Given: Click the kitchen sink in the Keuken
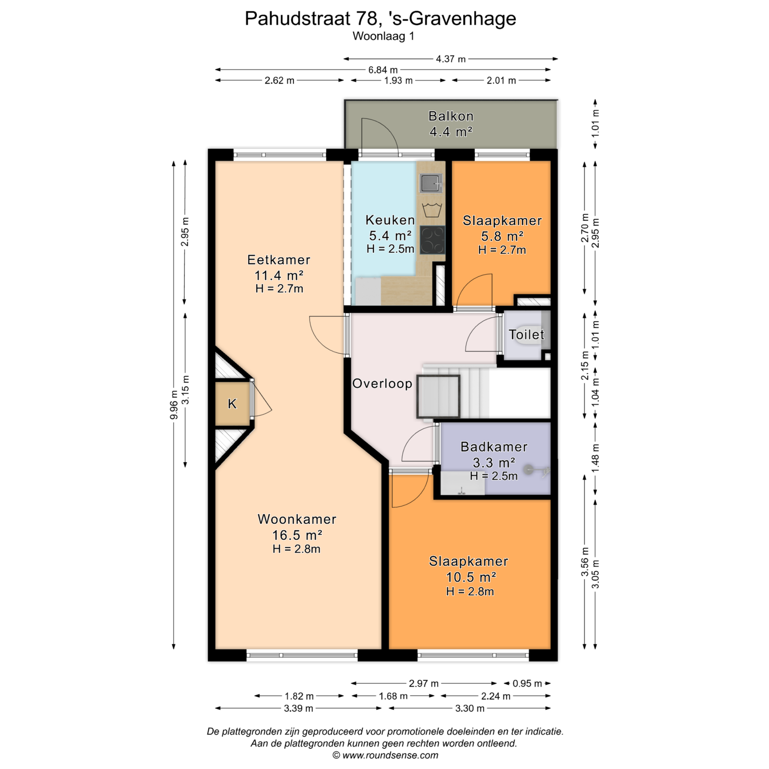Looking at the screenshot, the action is pyautogui.click(x=431, y=183).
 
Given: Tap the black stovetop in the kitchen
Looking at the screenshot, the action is pyautogui.click(x=432, y=240).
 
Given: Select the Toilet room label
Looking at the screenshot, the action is pyautogui.click(x=526, y=334).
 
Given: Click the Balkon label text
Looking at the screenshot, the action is pyautogui.click(x=451, y=116).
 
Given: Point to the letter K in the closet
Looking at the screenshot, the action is pyautogui.click(x=232, y=404).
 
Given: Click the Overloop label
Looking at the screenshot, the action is pyautogui.click(x=382, y=383).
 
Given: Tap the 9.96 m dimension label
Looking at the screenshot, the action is pyautogui.click(x=173, y=405).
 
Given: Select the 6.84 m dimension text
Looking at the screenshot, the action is pyautogui.click(x=383, y=70).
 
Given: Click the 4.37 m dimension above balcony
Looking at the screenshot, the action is pyautogui.click(x=451, y=59).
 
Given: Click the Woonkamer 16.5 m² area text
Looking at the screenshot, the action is pyautogui.click(x=297, y=535).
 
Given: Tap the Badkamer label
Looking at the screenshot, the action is pyautogui.click(x=494, y=447).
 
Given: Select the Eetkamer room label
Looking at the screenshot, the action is pyautogui.click(x=279, y=260).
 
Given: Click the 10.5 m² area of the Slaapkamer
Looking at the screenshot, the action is pyautogui.click(x=471, y=577).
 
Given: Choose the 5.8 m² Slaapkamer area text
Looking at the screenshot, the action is pyautogui.click(x=502, y=236).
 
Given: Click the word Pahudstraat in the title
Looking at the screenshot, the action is pyautogui.click(x=298, y=18).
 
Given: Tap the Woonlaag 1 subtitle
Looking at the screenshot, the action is pyautogui.click(x=383, y=36).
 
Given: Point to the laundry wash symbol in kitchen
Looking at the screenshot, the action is pyautogui.click(x=432, y=209).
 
